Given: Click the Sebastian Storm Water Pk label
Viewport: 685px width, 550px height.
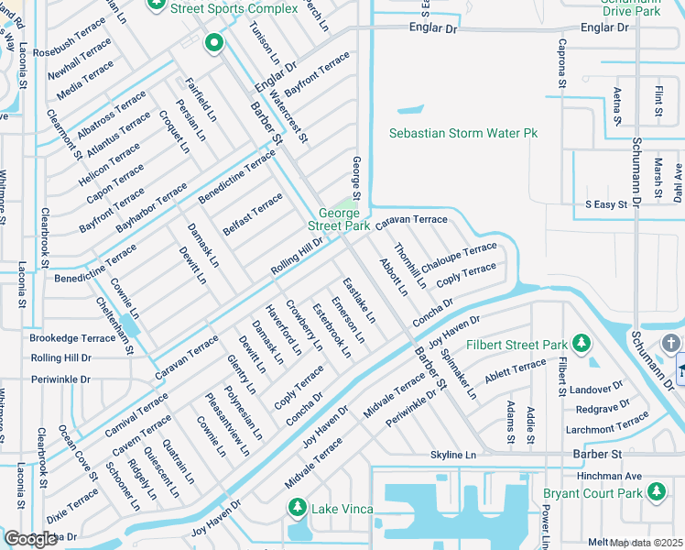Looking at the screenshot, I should pos(463,134).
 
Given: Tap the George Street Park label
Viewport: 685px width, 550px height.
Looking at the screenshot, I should pos(338,219).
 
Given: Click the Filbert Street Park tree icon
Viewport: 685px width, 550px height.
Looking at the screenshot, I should pos(581,345).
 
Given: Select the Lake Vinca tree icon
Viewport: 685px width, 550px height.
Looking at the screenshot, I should pos(297,508).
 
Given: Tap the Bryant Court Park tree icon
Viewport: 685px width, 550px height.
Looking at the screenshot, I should pos(656,492).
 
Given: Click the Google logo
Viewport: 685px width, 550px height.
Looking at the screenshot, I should pos(31,538).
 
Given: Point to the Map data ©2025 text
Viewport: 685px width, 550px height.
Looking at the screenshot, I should pos(647,543).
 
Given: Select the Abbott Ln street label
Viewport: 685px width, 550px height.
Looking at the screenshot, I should pos(394,278).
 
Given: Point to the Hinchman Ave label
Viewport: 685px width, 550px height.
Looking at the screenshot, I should pos(609,477).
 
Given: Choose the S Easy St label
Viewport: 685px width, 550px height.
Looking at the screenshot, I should pos(605,204).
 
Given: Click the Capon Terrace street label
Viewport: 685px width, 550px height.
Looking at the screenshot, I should pos(115,184).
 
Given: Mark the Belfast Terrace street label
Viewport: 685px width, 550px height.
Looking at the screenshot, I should pos(253,214).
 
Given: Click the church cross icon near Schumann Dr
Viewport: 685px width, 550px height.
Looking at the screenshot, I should pos(670,343).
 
